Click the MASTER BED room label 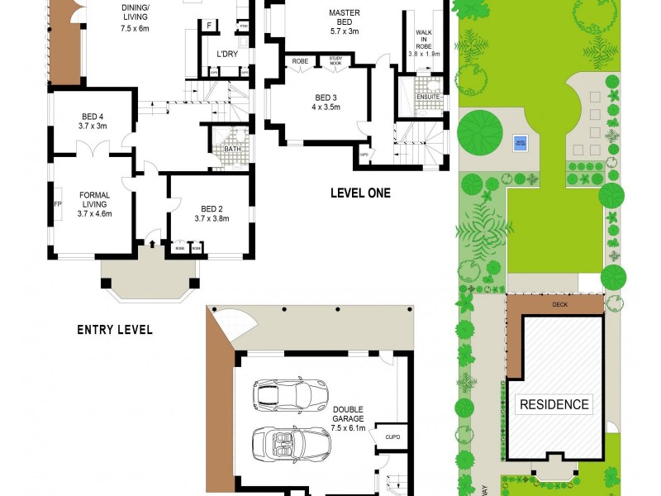344,13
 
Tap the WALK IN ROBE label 424,43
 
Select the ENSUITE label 428,97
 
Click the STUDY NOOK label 335,60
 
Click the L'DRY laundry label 226,55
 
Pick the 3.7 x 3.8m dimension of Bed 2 211,218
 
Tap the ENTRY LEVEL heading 115,329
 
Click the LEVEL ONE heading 360,193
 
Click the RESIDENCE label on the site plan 554,404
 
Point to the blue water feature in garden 521,141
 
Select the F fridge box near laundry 209,25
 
